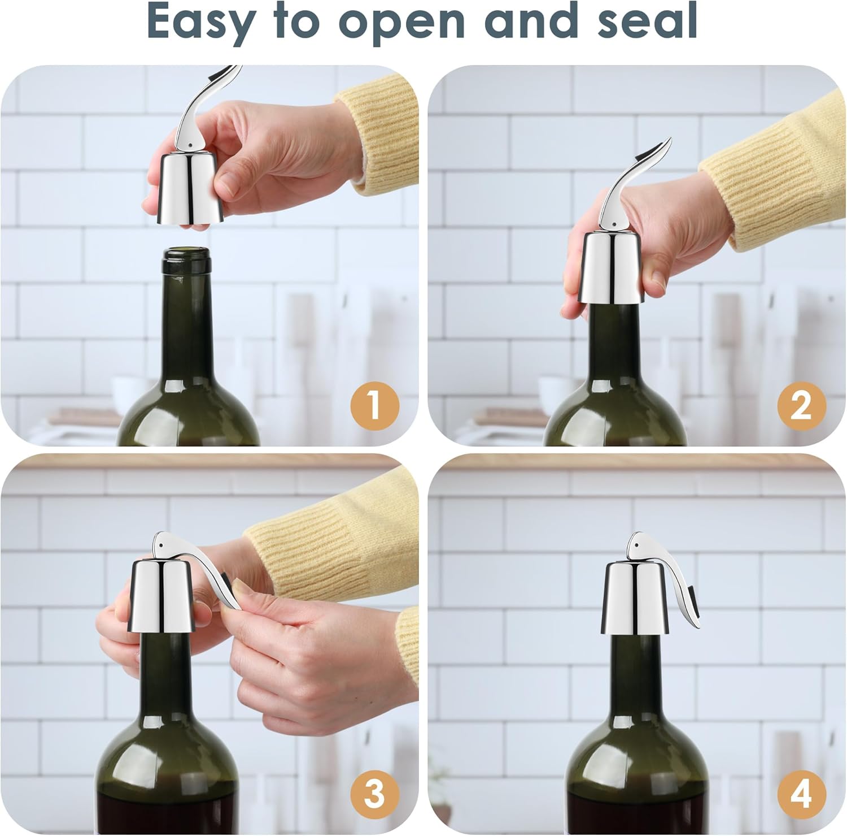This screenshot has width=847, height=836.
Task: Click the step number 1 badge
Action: pos(375,405)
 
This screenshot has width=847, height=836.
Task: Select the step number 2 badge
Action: pos(801,405)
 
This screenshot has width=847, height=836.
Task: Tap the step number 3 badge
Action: pos(375,794)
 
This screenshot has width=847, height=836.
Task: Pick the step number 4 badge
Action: pos(801,794)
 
